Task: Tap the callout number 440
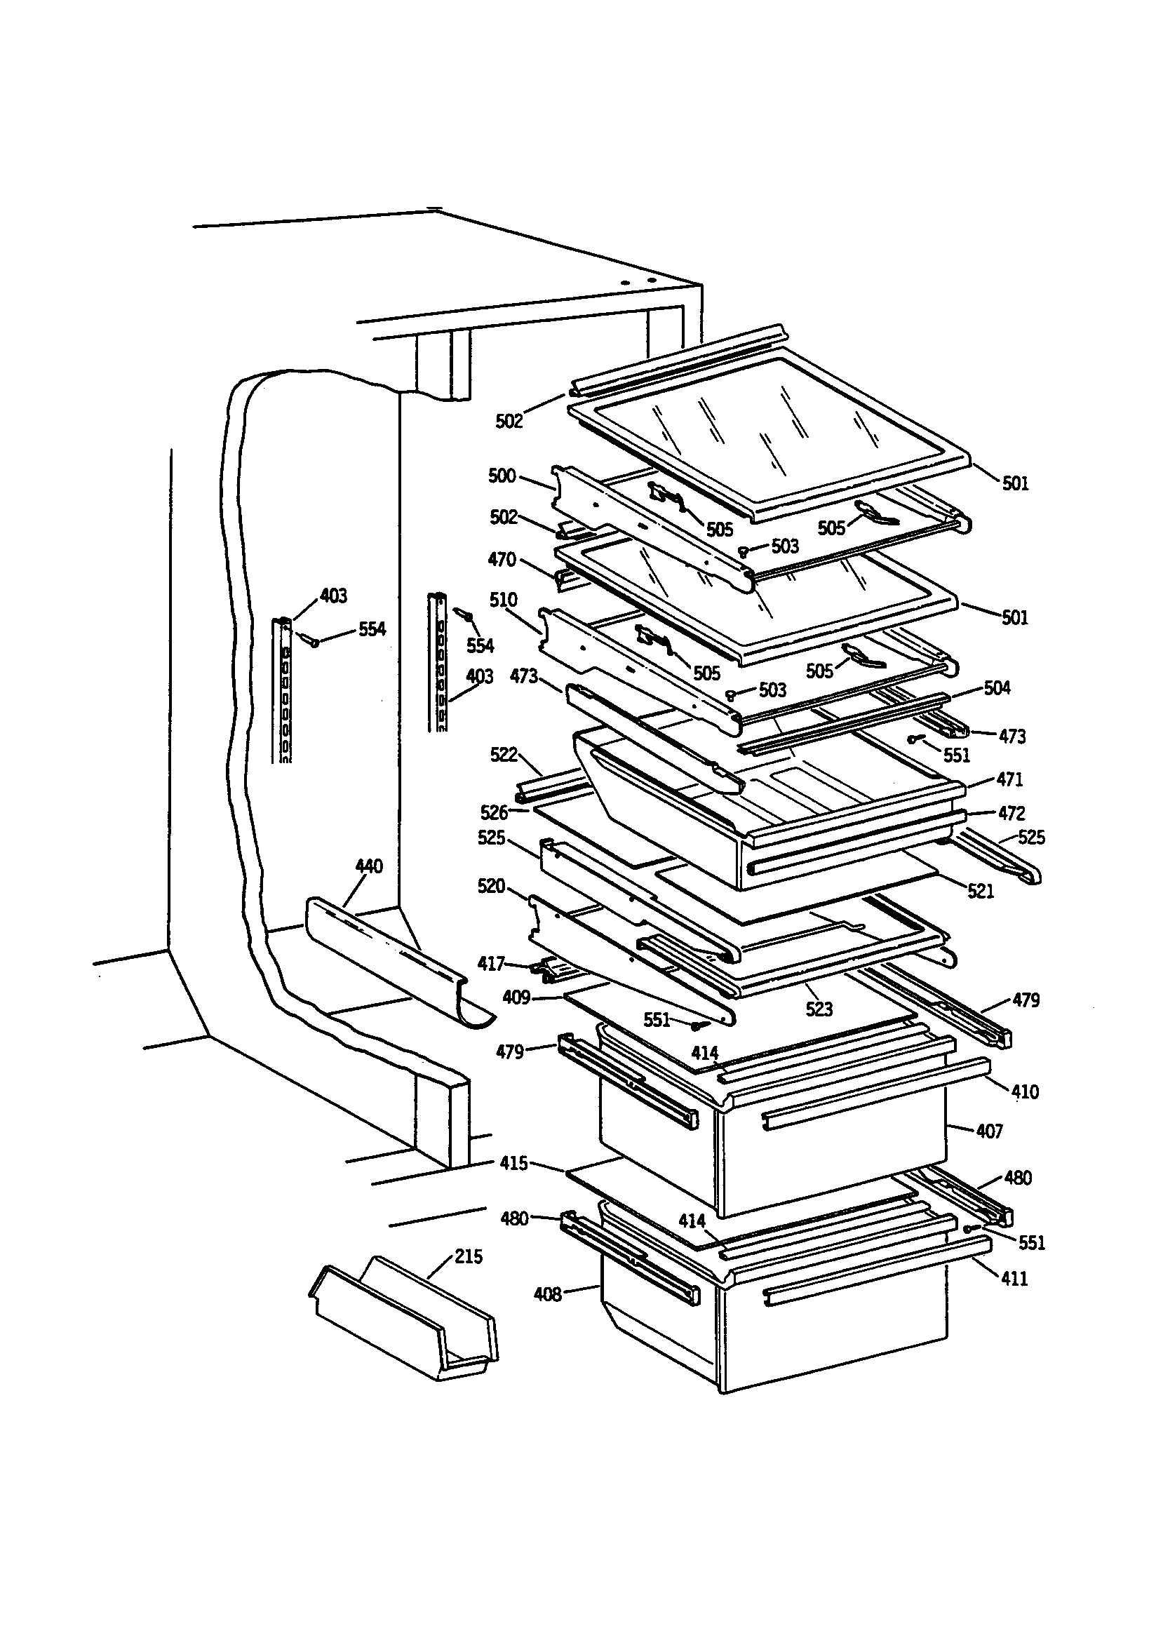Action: pyautogui.click(x=369, y=866)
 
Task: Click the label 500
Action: pyautogui.click(x=502, y=476)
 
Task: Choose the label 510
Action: pyautogui.click(x=503, y=600)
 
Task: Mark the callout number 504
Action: pyautogui.click(x=997, y=688)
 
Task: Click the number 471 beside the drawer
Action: pyautogui.click(x=1010, y=779)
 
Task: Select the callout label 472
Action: pyautogui.click(x=1011, y=813)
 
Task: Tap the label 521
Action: pyautogui.click(x=980, y=891)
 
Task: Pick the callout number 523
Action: pyautogui.click(x=819, y=1009)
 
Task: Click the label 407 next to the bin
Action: pyautogui.click(x=990, y=1130)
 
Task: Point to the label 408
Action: pyautogui.click(x=548, y=1294)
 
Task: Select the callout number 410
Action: pyautogui.click(x=1025, y=1091)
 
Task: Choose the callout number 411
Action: pyautogui.click(x=1014, y=1278)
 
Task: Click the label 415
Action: pyautogui.click(x=513, y=1163)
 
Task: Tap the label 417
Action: pyautogui.click(x=491, y=964)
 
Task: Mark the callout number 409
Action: pyautogui.click(x=516, y=997)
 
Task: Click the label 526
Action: pyautogui.click(x=494, y=812)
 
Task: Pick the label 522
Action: pyautogui.click(x=504, y=754)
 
